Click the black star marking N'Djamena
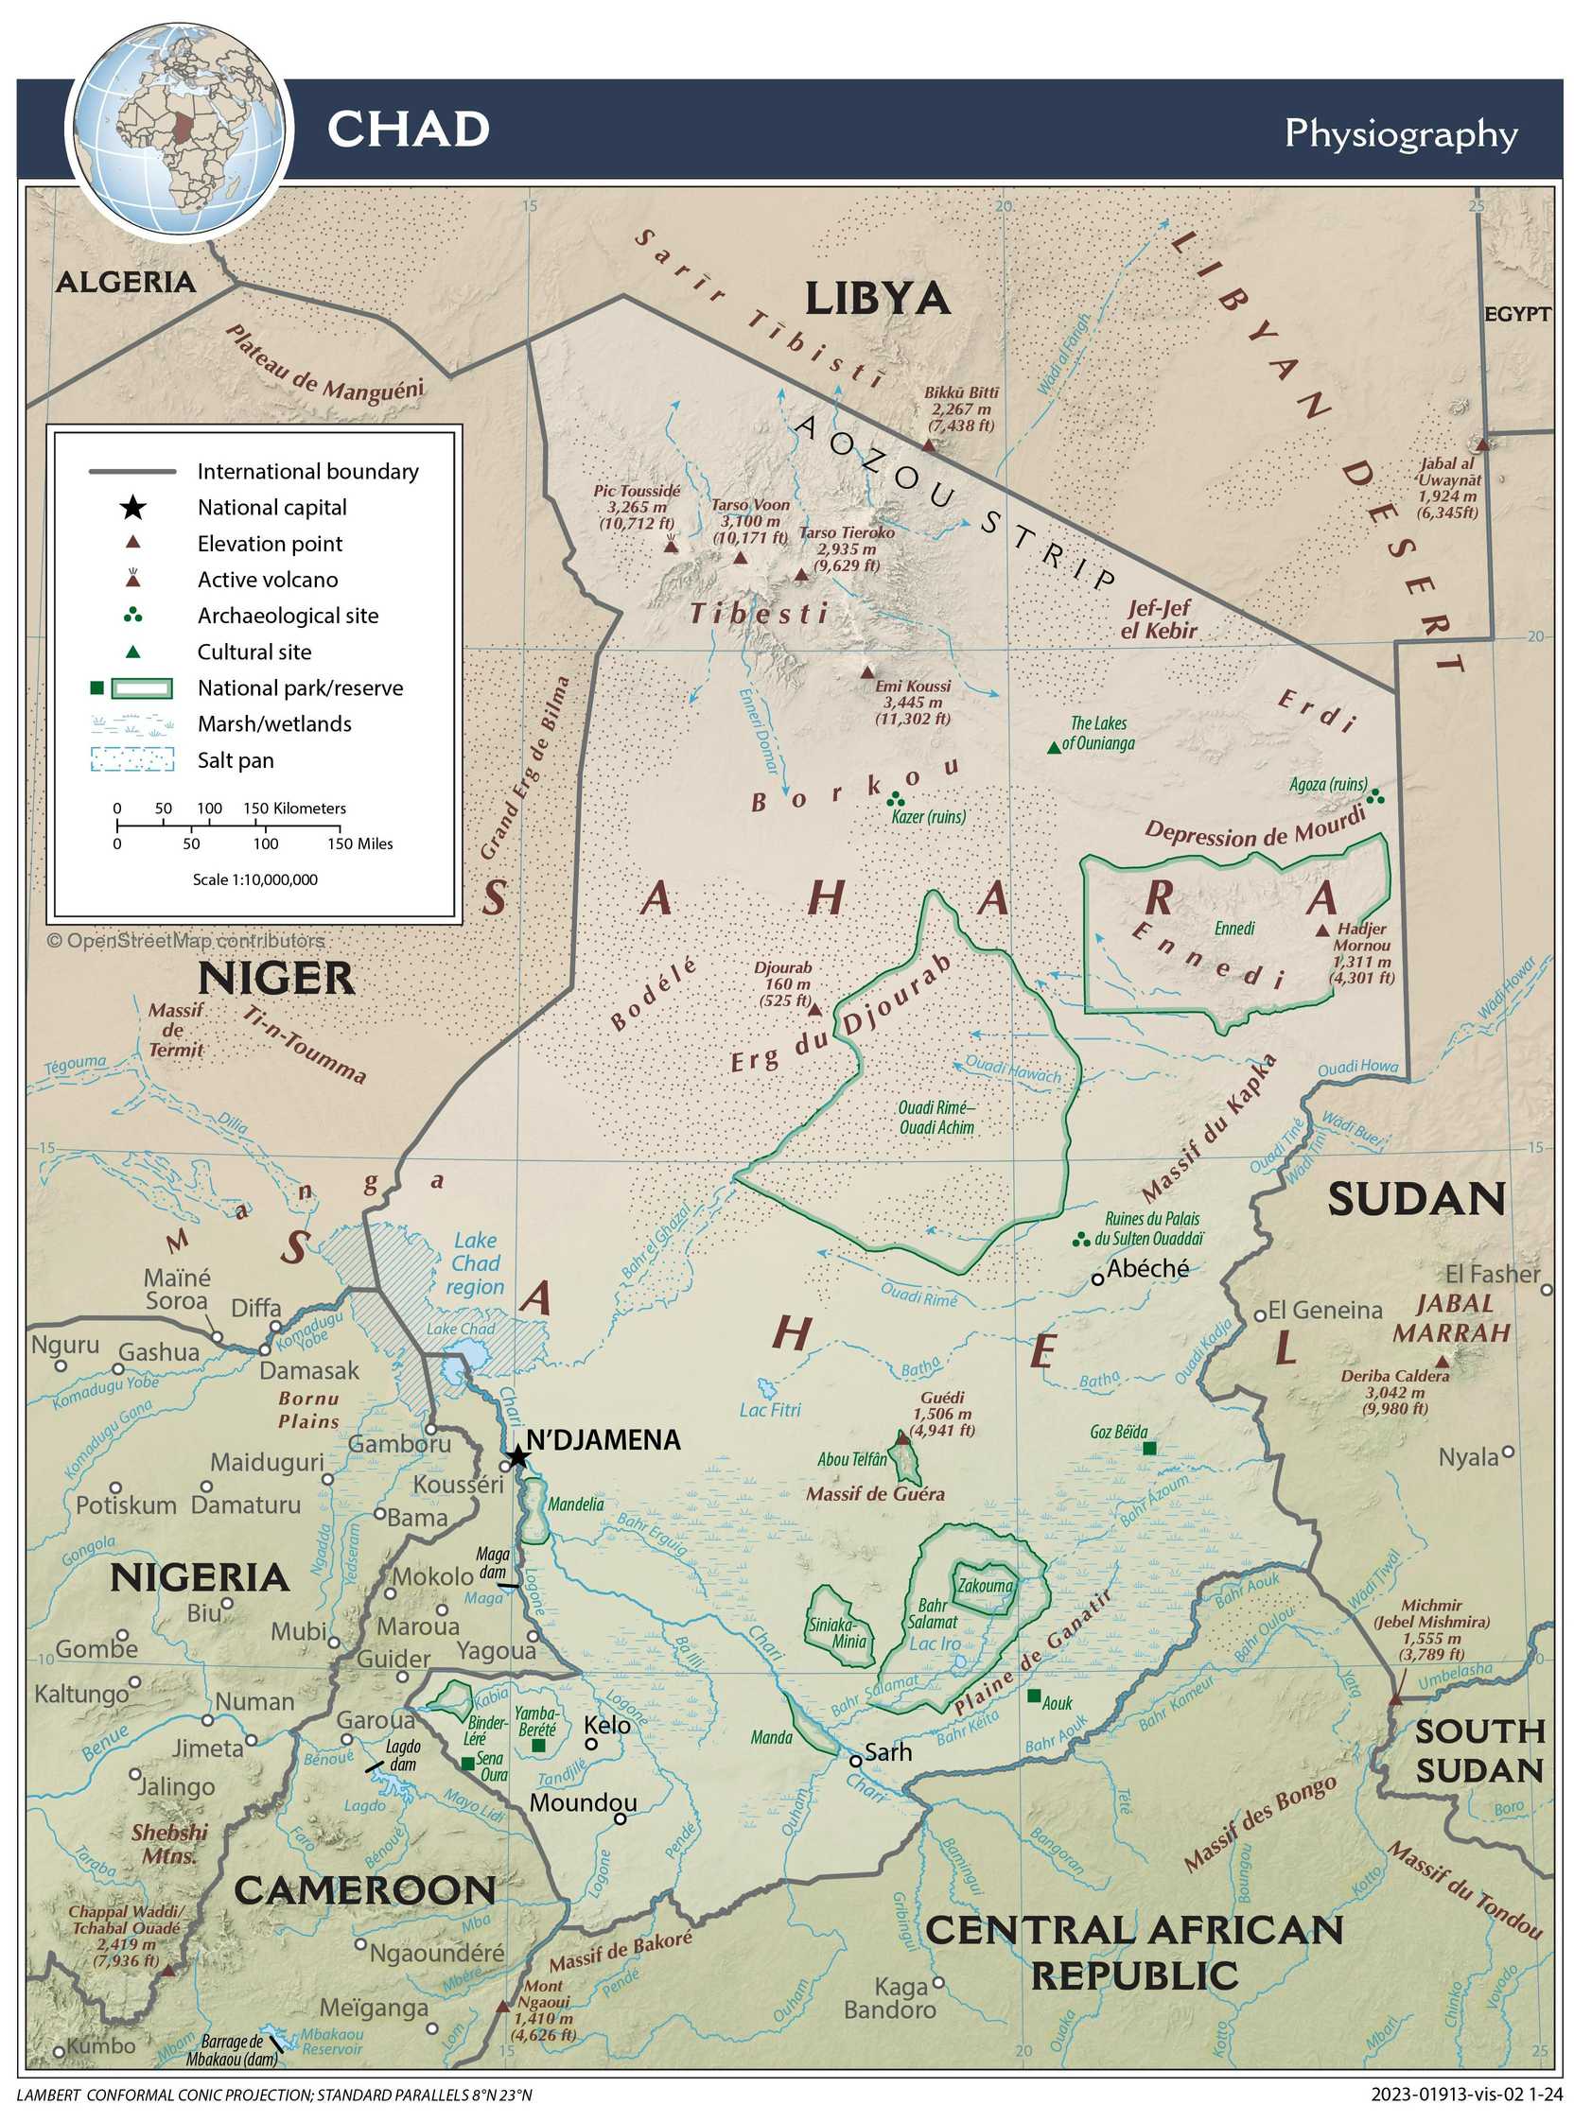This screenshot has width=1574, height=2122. pyautogui.click(x=516, y=1456)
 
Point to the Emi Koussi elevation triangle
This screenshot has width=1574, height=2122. pyautogui.click(x=867, y=671)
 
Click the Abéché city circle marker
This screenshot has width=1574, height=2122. pyautogui.click(x=1096, y=1279)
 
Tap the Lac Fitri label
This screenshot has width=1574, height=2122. pyautogui.click(x=770, y=1410)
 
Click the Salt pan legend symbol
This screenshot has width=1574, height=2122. pyautogui.click(x=132, y=759)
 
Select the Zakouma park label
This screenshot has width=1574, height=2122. pyautogui.click(x=985, y=1587)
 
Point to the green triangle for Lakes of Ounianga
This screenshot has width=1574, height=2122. pyautogui.click(x=1053, y=748)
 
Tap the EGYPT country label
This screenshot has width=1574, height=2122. pyautogui.click(x=1518, y=313)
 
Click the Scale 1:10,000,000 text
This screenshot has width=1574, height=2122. pyautogui.click(x=255, y=879)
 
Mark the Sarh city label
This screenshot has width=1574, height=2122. pyautogui.click(x=887, y=1752)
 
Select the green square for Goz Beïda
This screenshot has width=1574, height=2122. pyautogui.click(x=1149, y=1449)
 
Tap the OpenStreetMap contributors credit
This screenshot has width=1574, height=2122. pyautogui.click(x=185, y=941)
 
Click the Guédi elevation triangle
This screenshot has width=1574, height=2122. pyautogui.click(x=902, y=1436)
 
